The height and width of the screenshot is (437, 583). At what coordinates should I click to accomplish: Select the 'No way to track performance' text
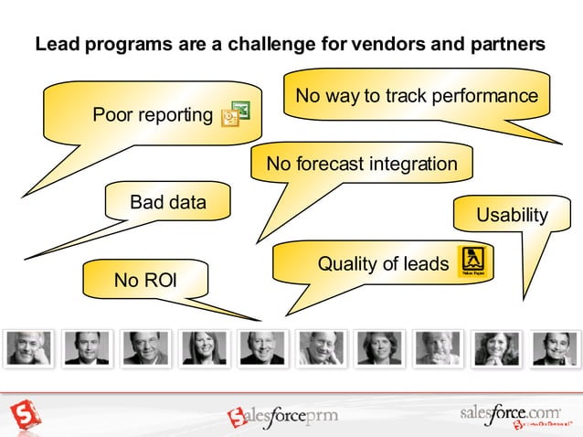click(x=417, y=96)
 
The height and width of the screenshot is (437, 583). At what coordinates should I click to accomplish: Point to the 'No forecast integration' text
click(x=361, y=165)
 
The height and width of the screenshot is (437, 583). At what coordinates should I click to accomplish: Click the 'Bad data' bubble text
click(x=168, y=201)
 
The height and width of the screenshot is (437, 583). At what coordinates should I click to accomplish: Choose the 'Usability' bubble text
click(x=512, y=216)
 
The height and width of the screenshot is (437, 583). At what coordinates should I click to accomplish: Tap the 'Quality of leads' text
click(x=383, y=264)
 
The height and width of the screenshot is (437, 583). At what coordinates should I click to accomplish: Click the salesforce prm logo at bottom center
click(x=282, y=417)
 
